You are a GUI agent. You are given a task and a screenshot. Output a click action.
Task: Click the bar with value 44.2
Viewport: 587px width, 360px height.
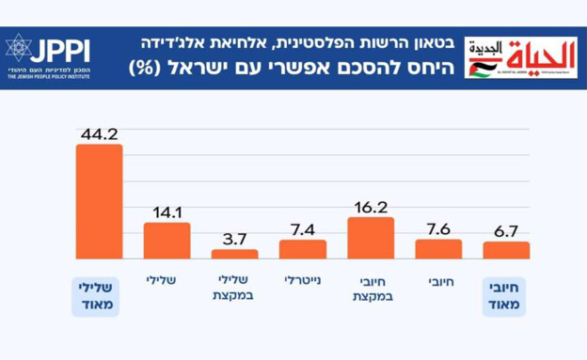pyautogui.click(x=99, y=201)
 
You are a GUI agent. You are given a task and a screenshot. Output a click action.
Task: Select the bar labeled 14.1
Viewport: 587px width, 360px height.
pyautogui.click(x=167, y=241)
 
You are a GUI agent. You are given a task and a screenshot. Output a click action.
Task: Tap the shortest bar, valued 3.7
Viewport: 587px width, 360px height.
pyautogui.click(x=234, y=254)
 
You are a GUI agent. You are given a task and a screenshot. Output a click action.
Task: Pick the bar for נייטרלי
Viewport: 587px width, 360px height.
pyautogui.click(x=302, y=249)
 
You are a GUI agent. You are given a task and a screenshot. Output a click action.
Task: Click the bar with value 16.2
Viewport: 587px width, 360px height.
pyautogui.click(x=371, y=238)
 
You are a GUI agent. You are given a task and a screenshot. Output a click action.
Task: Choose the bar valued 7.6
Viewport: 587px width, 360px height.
pyautogui.click(x=438, y=249)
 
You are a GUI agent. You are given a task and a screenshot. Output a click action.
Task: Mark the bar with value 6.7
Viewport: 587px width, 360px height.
pyautogui.click(x=506, y=250)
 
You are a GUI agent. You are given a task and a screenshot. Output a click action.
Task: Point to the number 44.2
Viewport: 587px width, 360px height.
pyautogui.click(x=99, y=132)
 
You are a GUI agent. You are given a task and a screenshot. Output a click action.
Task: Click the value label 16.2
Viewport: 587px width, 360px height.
pyautogui.click(x=371, y=206)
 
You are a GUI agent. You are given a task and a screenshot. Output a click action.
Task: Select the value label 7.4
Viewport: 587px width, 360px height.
pyautogui.click(x=302, y=228)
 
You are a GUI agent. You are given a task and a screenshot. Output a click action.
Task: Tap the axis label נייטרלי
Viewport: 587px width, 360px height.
pyautogui.click(x=303, y=280)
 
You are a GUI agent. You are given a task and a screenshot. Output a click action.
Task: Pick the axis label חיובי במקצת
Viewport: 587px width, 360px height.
pyautogui.click(x=371, y=288)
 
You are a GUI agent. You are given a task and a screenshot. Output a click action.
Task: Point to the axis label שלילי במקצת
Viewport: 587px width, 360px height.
pyautogui.click(x=234, y=288)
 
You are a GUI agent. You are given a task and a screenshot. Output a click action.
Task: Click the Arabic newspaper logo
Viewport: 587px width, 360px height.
pyautogui.click(x=520, y=56)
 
